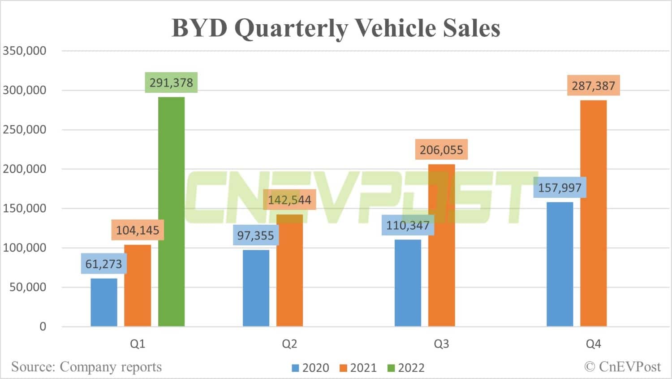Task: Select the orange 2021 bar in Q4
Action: point(593,213)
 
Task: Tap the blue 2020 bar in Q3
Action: point(408,283)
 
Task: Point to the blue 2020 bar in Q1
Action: point(103,302)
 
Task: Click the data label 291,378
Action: point(171,83)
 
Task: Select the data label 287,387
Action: point(593,86)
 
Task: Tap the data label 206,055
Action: point(441,150)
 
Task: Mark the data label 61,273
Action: point(103,264)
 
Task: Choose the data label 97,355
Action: point(255,235)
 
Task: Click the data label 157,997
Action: point(560,187)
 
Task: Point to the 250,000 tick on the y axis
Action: point(25,130)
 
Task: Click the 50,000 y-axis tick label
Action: point(28,287)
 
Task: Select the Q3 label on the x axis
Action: point(441,344)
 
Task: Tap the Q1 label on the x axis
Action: point(138,344)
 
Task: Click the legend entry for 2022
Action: point(406,368)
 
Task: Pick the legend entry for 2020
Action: point(310,368)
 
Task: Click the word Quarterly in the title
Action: point(291,28)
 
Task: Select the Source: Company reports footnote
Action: point(86,367)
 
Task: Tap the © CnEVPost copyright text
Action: point(622,367)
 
